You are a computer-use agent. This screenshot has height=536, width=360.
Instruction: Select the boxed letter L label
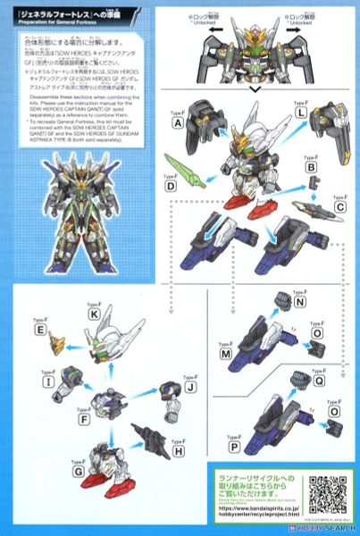pos(327,113)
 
